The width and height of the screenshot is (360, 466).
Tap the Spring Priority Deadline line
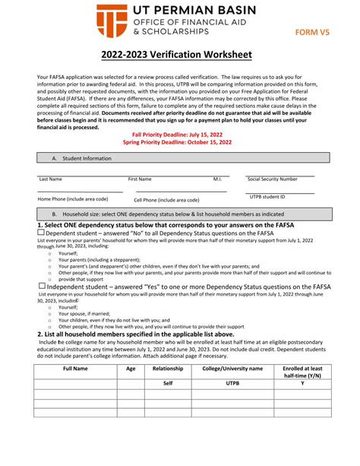[x=180, y=141]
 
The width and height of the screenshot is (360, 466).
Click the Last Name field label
[x=50, y=179]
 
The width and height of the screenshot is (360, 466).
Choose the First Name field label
[x=140, y=179]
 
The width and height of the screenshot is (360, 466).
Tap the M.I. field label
[x=217, y=179]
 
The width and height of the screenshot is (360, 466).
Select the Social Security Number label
[x=273, y=179]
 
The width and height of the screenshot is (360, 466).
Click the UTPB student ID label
[x=267, y=197]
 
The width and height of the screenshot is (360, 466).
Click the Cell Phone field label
[x=167, y=200]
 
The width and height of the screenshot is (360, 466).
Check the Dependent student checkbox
[x=42, y=233]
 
